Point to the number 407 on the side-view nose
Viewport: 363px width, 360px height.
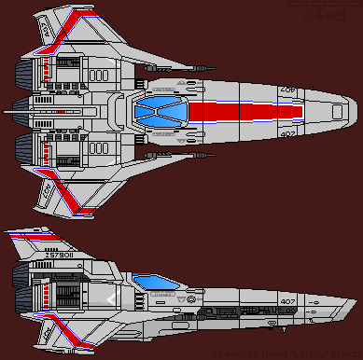tap(286, 300)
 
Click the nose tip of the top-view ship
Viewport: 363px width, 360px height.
tap(352, 113)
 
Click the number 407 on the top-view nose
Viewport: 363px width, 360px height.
tap(288, 133)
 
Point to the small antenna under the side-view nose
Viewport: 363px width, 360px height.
tap(283, 329)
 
